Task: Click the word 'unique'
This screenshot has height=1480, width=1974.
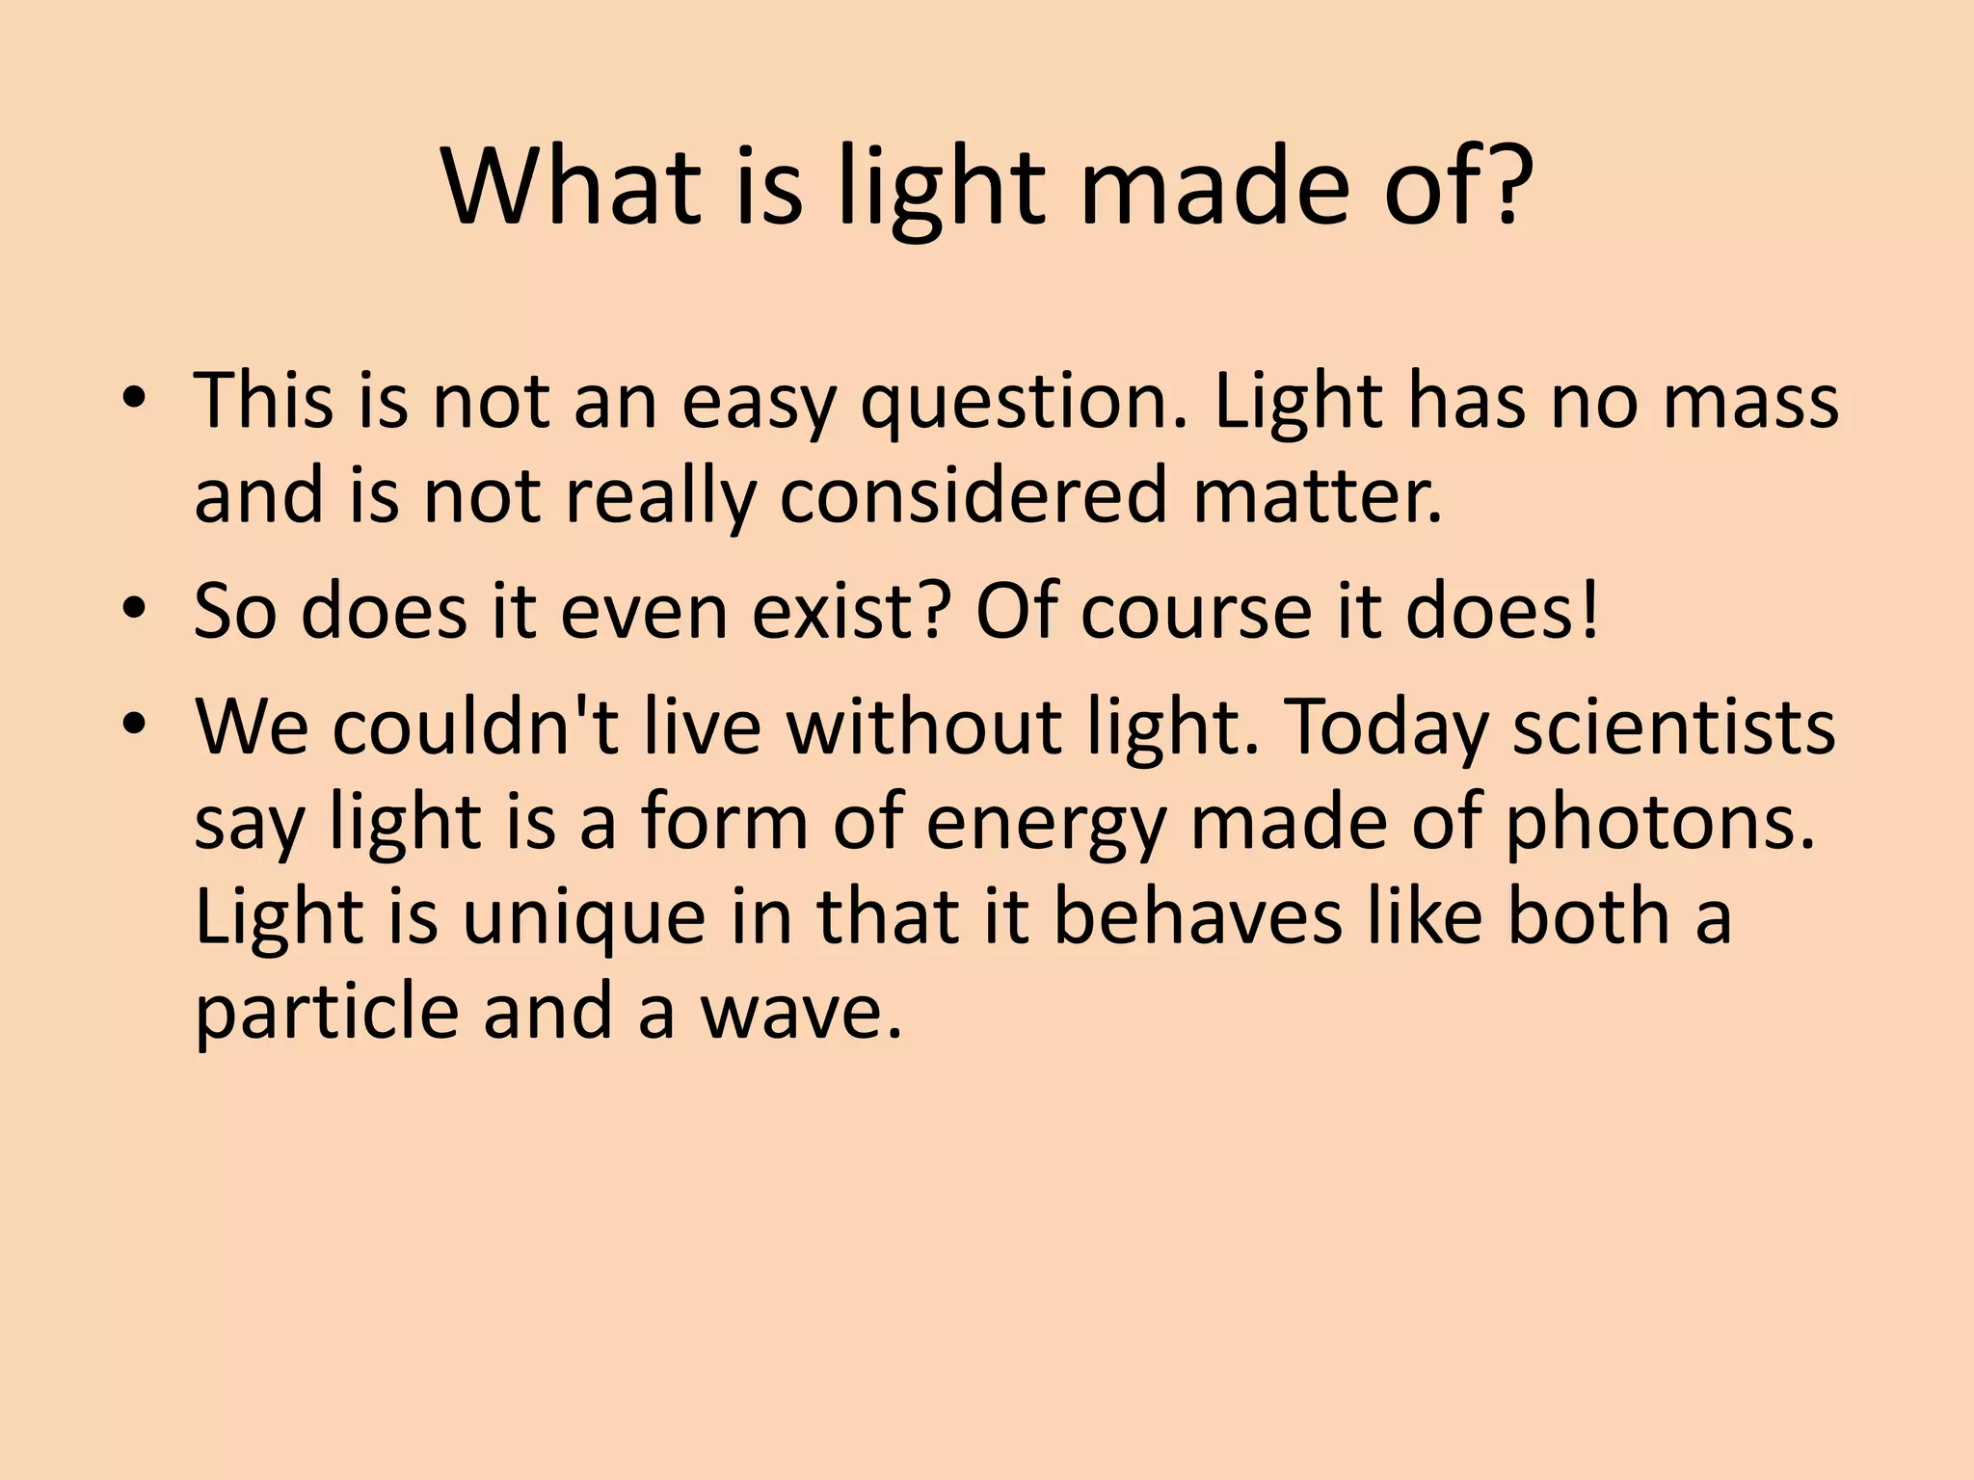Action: [584, 918]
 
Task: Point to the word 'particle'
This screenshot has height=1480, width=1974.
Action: [326, 1014]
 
